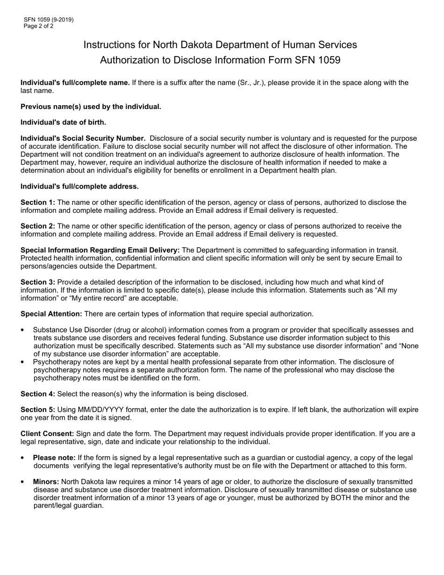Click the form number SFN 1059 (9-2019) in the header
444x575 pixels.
tap(49, 20)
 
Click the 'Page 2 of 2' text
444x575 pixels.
tap(38, 26)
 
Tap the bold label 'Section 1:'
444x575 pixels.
tap(38, 202)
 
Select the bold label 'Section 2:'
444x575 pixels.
tap(38, 226)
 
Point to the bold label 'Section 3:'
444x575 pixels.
tap(38, 282)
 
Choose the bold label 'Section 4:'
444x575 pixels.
tap(38, 394)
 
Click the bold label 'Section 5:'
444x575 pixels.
tap(38, 410)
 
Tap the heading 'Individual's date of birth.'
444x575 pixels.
tap(63, 122)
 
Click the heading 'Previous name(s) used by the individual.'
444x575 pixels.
tap(91, 107)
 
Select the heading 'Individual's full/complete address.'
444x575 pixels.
tap(79, 187)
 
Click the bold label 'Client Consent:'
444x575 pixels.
tap(47, 434)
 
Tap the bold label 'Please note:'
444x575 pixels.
tap(54, 458)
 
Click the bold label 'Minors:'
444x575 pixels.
tap(46, 482)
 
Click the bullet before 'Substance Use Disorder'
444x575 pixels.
tap(23, 331)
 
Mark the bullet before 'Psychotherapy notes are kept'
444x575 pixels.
tap(23, 362)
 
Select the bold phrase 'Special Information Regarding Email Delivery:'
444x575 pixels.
tap(100, 251)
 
